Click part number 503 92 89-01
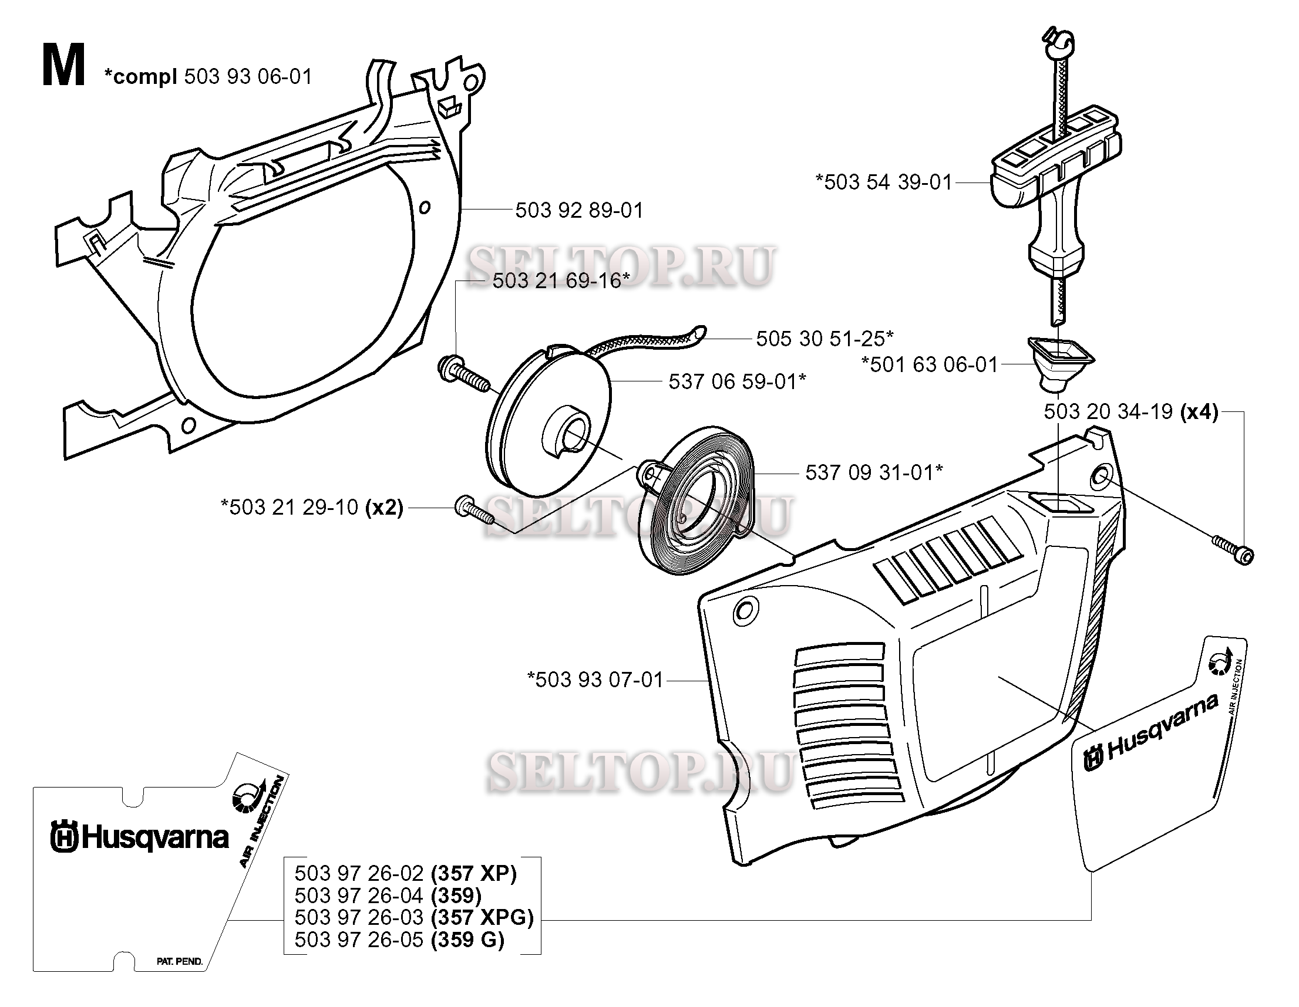[x=578, y=211]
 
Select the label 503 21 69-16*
[x=561, y=280]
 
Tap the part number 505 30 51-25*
[x=825, y=339]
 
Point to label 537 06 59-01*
[x=737, y=381]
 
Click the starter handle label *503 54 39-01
[x=883, y=182]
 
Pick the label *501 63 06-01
[x=929, y=364]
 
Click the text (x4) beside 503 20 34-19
[x=1199, y=411]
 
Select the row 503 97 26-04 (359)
[x=388, y=896]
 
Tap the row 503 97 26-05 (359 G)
[x=399, y=940]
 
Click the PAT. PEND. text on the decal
[x=179, y=961]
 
